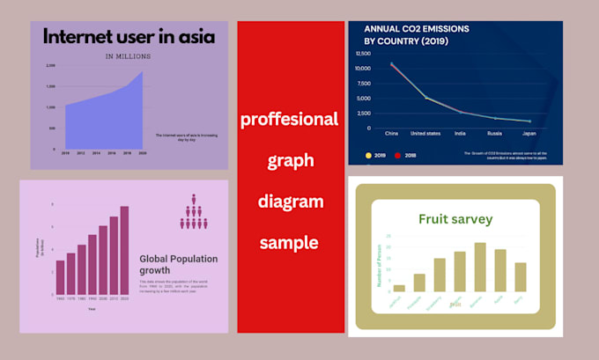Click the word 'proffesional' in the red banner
click(289, 119)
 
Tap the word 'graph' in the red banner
click(289, 160)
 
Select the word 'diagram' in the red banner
click(289, 201)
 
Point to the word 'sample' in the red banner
click(289, 241)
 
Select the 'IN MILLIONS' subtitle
click(128, 56)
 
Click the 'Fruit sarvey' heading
click(455, 219)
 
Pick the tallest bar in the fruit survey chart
click(480, 267)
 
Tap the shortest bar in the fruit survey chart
click(399, 288)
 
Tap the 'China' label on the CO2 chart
click(392, 134)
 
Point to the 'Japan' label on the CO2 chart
click(529, 134)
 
